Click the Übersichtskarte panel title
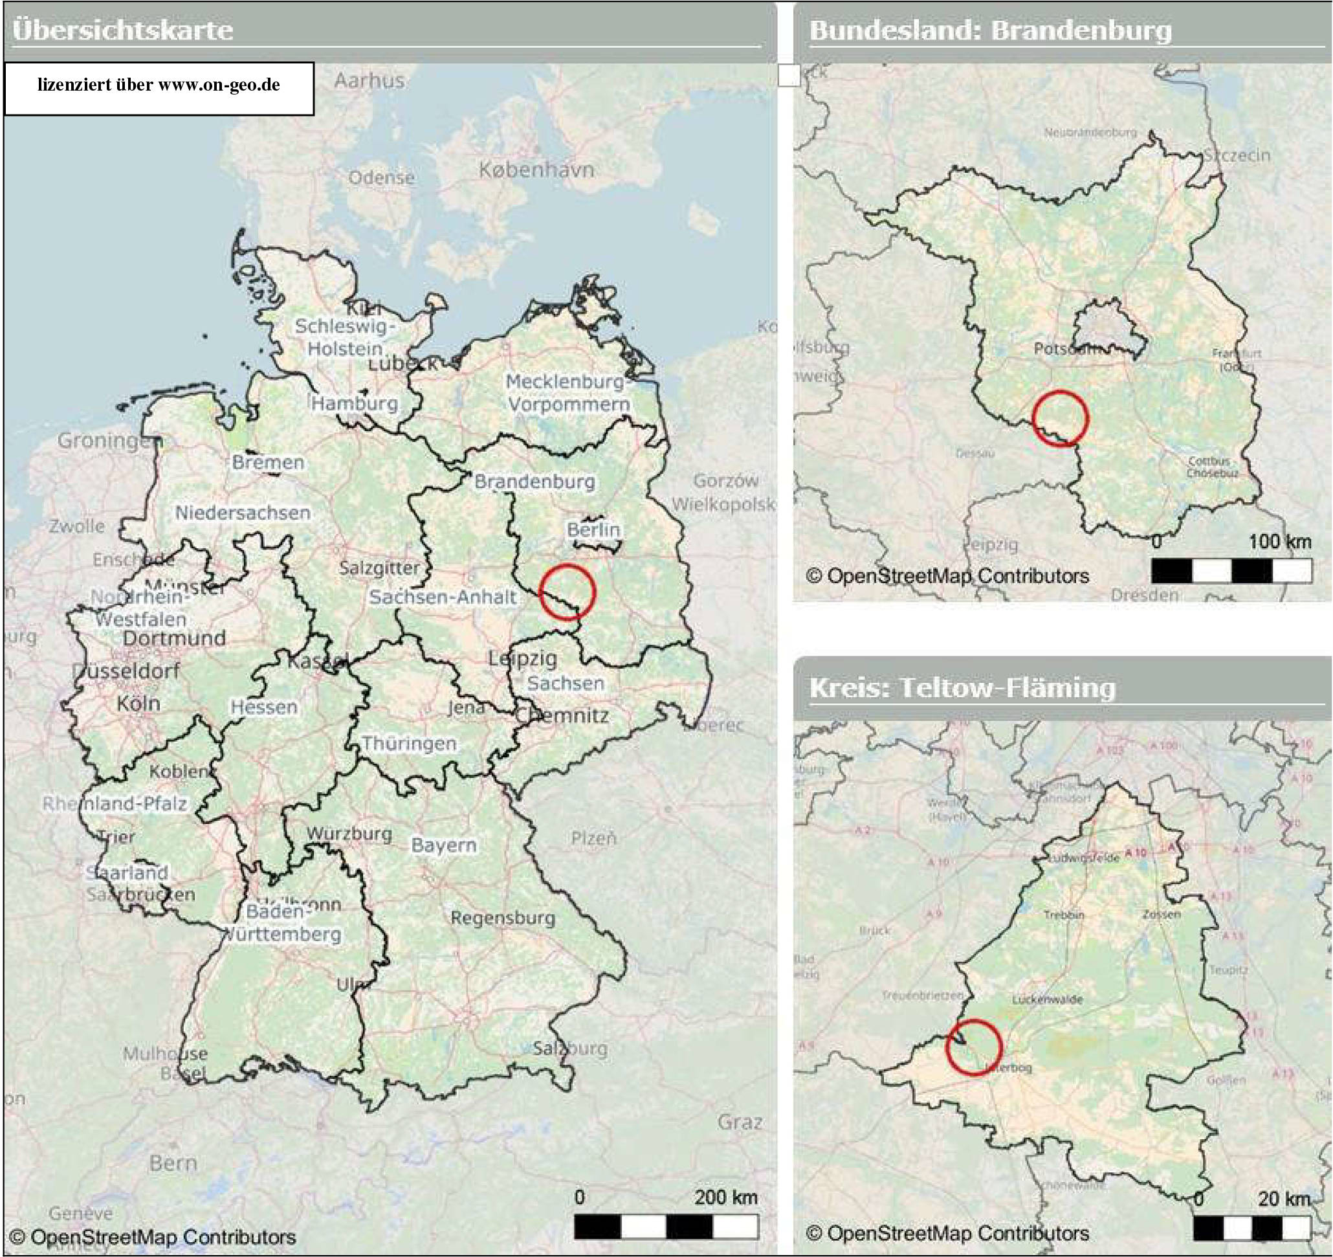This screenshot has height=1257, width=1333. [123, 30]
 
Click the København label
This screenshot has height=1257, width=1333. [536, 170]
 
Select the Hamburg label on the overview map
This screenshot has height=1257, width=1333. [355, 403]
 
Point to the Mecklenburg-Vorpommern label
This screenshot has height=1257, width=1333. [567, 393]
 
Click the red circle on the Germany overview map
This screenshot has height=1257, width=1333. [567, 592]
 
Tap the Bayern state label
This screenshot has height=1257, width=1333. [443, 845]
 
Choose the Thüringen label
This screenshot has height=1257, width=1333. [409, 743]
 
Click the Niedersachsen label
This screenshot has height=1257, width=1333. [243, 513]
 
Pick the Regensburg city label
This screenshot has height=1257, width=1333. [503, 918]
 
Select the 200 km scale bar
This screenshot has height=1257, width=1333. [666, 1227]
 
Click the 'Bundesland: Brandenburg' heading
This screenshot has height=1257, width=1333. [990, 30]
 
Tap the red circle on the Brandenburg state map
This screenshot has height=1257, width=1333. [1060, 418]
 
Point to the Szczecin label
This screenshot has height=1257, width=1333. [1237, 155]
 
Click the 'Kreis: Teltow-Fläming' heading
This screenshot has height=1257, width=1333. [962, 687]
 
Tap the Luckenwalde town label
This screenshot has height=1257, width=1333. [1048, 999]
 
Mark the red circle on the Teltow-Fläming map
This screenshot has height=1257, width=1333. [975, 1048]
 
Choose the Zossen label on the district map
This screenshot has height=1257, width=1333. [1162, 914]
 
